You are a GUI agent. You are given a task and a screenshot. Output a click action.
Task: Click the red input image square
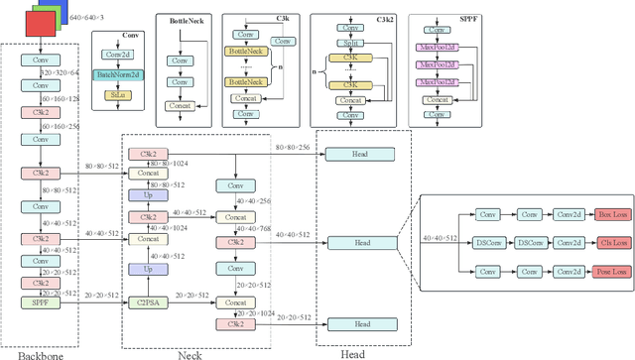click(x=41, y=23)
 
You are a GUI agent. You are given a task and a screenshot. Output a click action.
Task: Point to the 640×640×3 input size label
click(x=86, y=17)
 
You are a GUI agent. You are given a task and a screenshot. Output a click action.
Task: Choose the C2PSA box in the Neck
click(x=148, y=296)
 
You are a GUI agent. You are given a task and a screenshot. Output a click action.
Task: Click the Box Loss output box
click(x=612, y=214)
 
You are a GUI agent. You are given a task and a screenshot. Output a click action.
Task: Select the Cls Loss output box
click(x=612, y=242)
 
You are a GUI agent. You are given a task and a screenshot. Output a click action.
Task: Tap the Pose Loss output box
click(x=611, y=270)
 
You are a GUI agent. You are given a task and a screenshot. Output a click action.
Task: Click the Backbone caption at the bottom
click(x=37, y=353)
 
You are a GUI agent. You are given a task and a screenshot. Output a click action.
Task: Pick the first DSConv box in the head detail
click(x=488, y=242)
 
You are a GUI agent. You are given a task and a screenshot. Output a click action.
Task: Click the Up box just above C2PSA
click(x=148, y=269)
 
